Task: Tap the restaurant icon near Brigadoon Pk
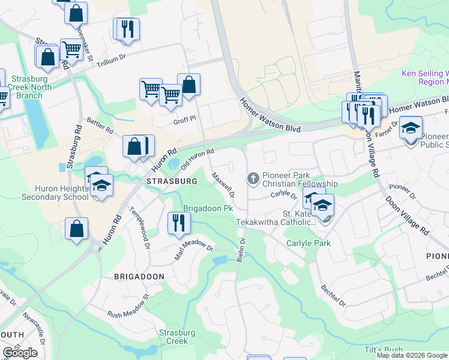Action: click(x=179, y=223)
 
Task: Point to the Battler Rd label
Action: click(x=100, y=125)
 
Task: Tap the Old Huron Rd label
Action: click(x=197, y=159)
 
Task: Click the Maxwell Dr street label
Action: click(x=222, y=186)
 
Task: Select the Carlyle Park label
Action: click(x=309, y=244)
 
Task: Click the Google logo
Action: click(x=20, y=353)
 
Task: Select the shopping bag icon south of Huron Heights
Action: click(x=77, y=229)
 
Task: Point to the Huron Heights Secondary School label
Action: click(x=55, y=192)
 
